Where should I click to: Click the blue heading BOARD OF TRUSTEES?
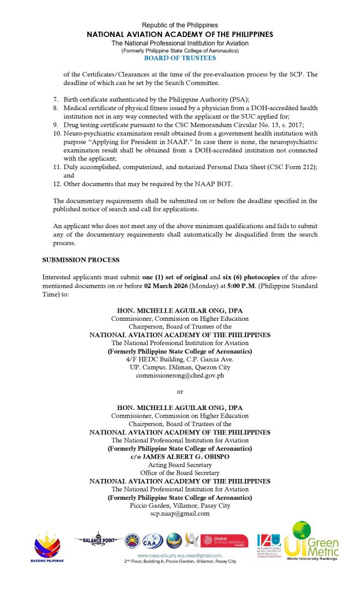click(x=179, y=58)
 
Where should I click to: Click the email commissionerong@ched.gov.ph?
click(x=179, y=375)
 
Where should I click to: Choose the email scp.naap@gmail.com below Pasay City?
click(x=179, y=513)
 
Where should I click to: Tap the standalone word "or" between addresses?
click(x=179, y=392)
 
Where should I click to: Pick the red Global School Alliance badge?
click(x=225, y=541)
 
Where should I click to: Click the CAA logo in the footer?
click(x=152, y=541)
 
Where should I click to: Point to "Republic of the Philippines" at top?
click(x=179, y=25)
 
